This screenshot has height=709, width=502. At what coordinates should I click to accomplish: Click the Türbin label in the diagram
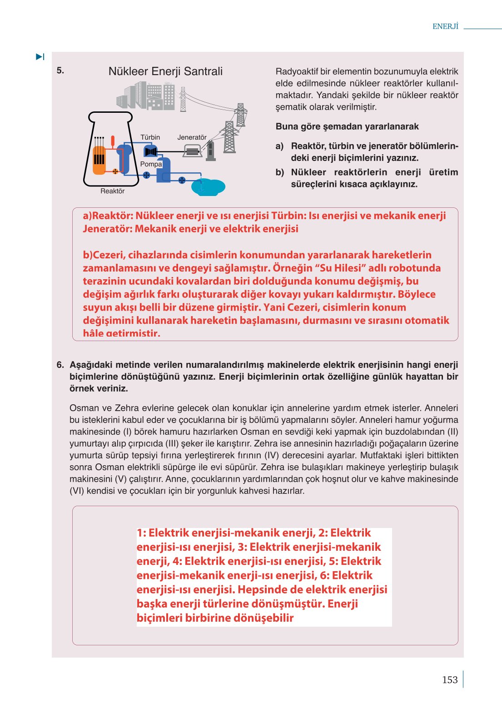pyautogui.click(x=150, y=137)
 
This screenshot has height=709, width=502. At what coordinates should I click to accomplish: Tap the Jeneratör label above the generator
pyautogui.click(x=192, y=137)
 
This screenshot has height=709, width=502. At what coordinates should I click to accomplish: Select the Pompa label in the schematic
pyautogui.click(x=151, y=164)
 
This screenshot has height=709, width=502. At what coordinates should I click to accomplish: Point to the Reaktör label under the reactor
pyautogui.click(x=112, y=191)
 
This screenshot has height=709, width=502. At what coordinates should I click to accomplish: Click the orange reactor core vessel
pyautogui.click(x=99, y=160)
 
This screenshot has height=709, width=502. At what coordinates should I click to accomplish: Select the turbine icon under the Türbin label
pyautogui.click(x=150, y=151)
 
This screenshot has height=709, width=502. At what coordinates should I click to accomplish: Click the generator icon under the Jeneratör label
pyautogui.click(x=192, y=151)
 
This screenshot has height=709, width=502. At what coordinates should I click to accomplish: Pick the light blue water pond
pyautogui.click(x=208, y=186)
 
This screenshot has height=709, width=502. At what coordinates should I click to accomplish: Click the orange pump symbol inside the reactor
pyautogui.click(x=115, y=171)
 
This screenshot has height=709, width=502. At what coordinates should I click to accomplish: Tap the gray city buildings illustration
pyautogui.click(x=146, y=96)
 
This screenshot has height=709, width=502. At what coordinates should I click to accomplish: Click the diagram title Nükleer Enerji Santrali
pyautogui.click(x=165, y=71)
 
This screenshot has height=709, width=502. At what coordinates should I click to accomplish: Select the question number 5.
pyautogui.click(x=60, y=70)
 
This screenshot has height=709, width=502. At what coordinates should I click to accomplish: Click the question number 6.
pyautogui.click(x=60, y=365)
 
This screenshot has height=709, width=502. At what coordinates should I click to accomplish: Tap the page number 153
pyautogui.click(x=450, y=679)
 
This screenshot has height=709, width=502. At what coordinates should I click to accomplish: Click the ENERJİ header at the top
pyautogui.click(x=445, y=26)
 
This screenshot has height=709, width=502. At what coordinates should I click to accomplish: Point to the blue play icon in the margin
pyautogui.click(x=40, y=57)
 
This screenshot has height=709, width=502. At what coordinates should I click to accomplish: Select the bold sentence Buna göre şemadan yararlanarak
pyautogui.click(x=347, y=126)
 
